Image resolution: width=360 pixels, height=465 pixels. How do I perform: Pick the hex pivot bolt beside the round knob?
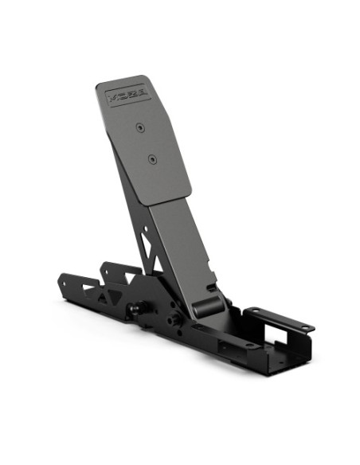tap(170, 319)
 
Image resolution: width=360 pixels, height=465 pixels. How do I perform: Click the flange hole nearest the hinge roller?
tap(253, 311)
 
